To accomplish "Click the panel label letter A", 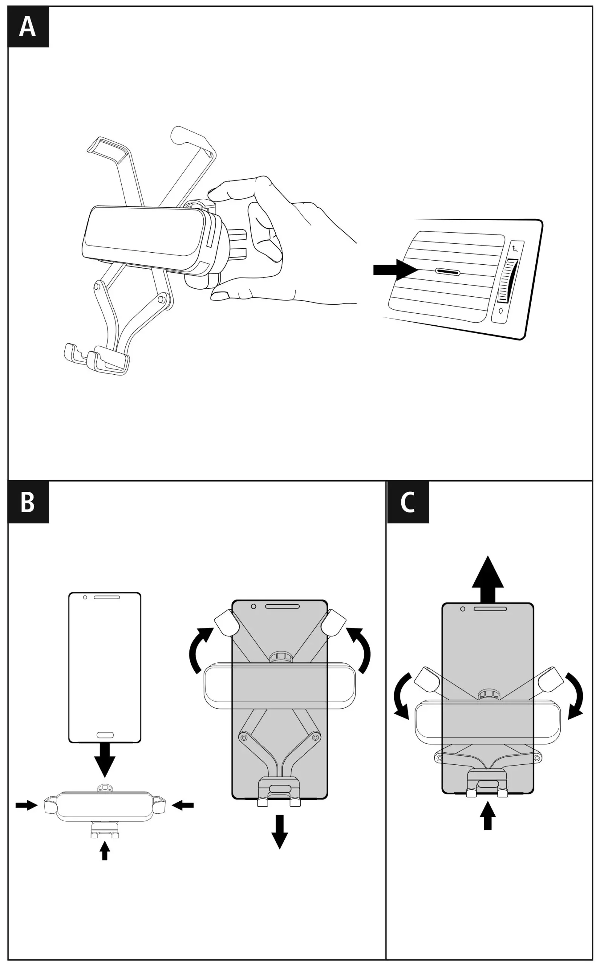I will pos(27,27).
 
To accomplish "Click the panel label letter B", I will pos(27,502).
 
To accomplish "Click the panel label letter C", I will pos(408,502).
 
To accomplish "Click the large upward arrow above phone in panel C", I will pos(488,578).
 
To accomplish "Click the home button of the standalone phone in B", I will pos(105,735).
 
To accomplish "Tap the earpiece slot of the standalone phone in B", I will pos(107,597).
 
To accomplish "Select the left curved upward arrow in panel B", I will pos(200,651).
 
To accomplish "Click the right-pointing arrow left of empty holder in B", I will pos(26,805).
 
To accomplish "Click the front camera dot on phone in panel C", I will pos(463,609).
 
